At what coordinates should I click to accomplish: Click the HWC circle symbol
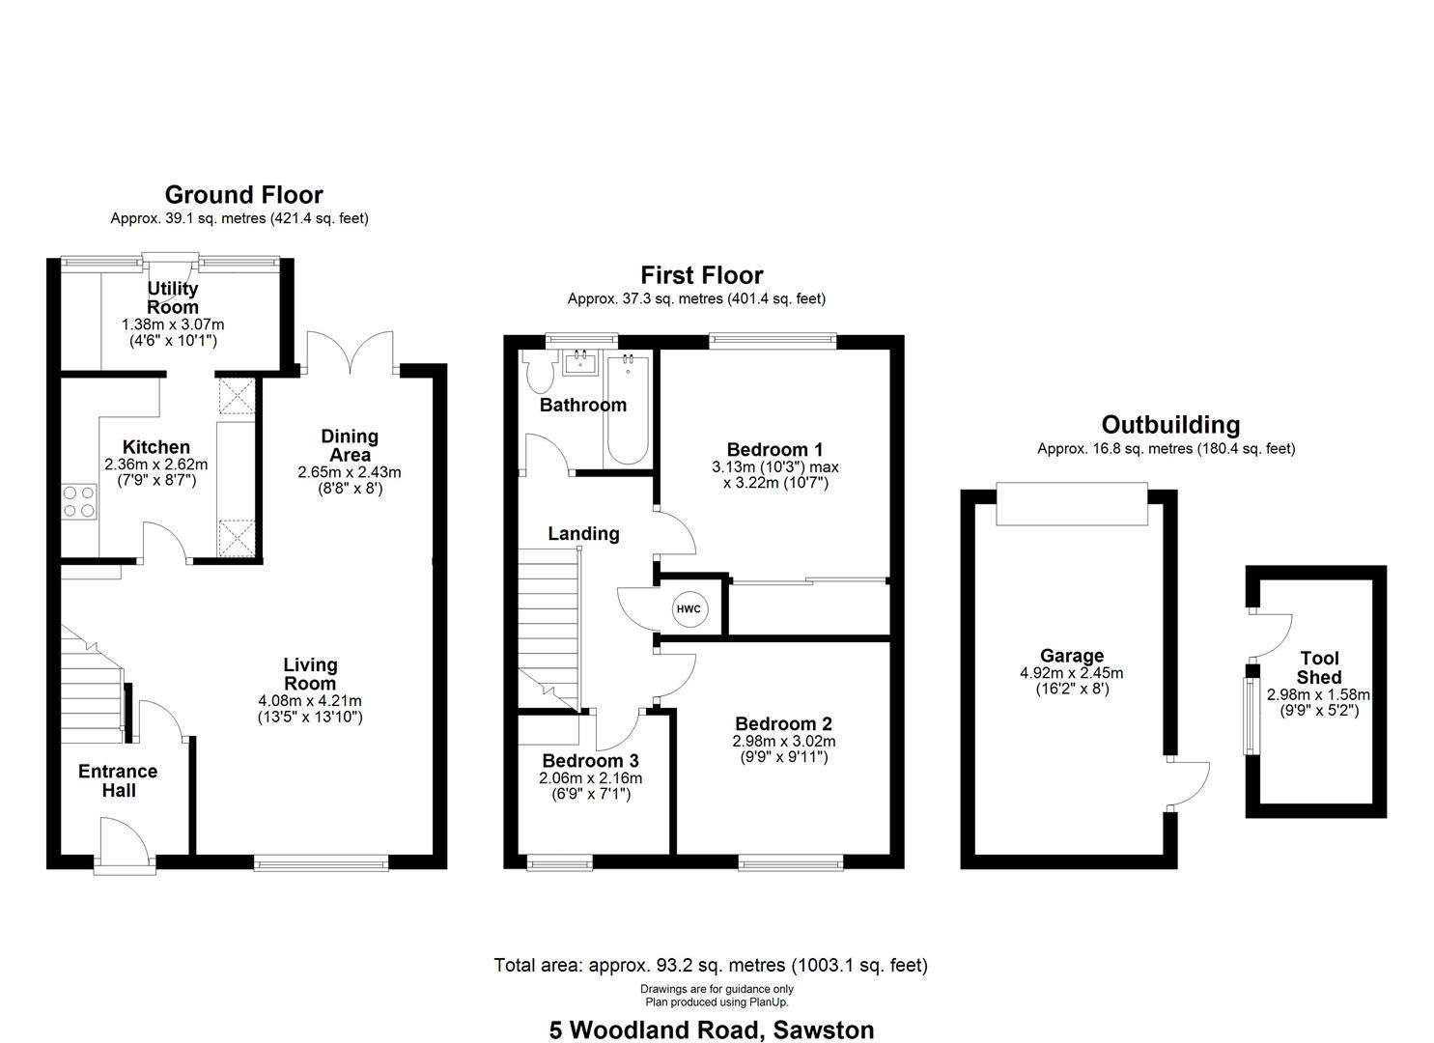click(x=689, y=609)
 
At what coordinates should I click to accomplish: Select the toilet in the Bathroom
click(x=537, y=369)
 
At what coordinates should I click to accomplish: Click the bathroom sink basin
click(x=580, y=363)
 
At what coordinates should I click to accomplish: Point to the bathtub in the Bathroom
click(x=628, y=410)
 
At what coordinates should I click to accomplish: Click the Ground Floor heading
click(x=243, y=195)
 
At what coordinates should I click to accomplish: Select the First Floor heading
click(x=701, y=275)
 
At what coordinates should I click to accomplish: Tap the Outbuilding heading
click(x=1170, y=425)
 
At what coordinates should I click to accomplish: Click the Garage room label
click(x=1071, y=656)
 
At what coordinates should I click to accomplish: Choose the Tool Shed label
click(x=1318, y=667)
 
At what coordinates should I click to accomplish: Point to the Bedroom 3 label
click(x=589, y=760)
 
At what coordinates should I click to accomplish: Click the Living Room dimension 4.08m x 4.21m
click(x=310, y=700)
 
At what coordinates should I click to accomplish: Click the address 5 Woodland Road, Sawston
click(x=712, y=1029)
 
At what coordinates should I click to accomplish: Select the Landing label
click(x=583, y=533)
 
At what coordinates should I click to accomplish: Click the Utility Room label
click(x=173, y=297)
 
